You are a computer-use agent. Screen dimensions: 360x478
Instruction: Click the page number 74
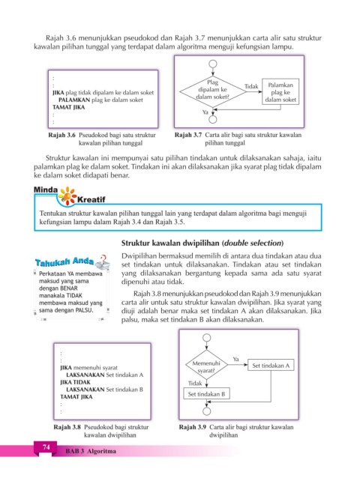click(46, 447)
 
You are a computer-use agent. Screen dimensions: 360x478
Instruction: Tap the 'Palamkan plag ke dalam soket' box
click(280, 92)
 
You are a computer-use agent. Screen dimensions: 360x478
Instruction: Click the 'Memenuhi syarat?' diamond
click(206, 365)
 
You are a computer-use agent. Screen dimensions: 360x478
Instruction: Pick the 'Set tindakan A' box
click(271, 365)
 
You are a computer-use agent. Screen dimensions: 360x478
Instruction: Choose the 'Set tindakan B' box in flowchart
click(206, 393)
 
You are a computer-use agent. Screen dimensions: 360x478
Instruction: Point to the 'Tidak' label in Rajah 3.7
click(251, 87)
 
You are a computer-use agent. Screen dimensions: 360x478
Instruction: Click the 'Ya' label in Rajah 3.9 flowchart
click(235, 359)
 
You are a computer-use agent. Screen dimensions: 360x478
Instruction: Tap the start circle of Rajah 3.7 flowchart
click(213, 64)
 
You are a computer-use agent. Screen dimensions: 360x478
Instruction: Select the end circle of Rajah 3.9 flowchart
click(206, 411)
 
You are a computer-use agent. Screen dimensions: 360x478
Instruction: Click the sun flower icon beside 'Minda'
click(67, 196)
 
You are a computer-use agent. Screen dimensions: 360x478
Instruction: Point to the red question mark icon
click(103, 258)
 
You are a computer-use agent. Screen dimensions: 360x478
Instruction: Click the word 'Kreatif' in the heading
click(91, 200)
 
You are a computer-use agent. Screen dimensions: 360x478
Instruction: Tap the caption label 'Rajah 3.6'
click(61, 135)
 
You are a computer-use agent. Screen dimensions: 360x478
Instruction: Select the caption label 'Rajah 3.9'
click(193, 427)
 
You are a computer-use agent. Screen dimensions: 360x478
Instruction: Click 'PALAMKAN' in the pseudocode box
click(74, 100)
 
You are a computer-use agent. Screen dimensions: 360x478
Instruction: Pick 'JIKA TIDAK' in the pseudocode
click(75, 382)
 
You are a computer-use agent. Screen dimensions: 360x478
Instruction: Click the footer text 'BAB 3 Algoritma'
click(91, 451)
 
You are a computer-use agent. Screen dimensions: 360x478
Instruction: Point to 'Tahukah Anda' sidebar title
click(64, 262)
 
